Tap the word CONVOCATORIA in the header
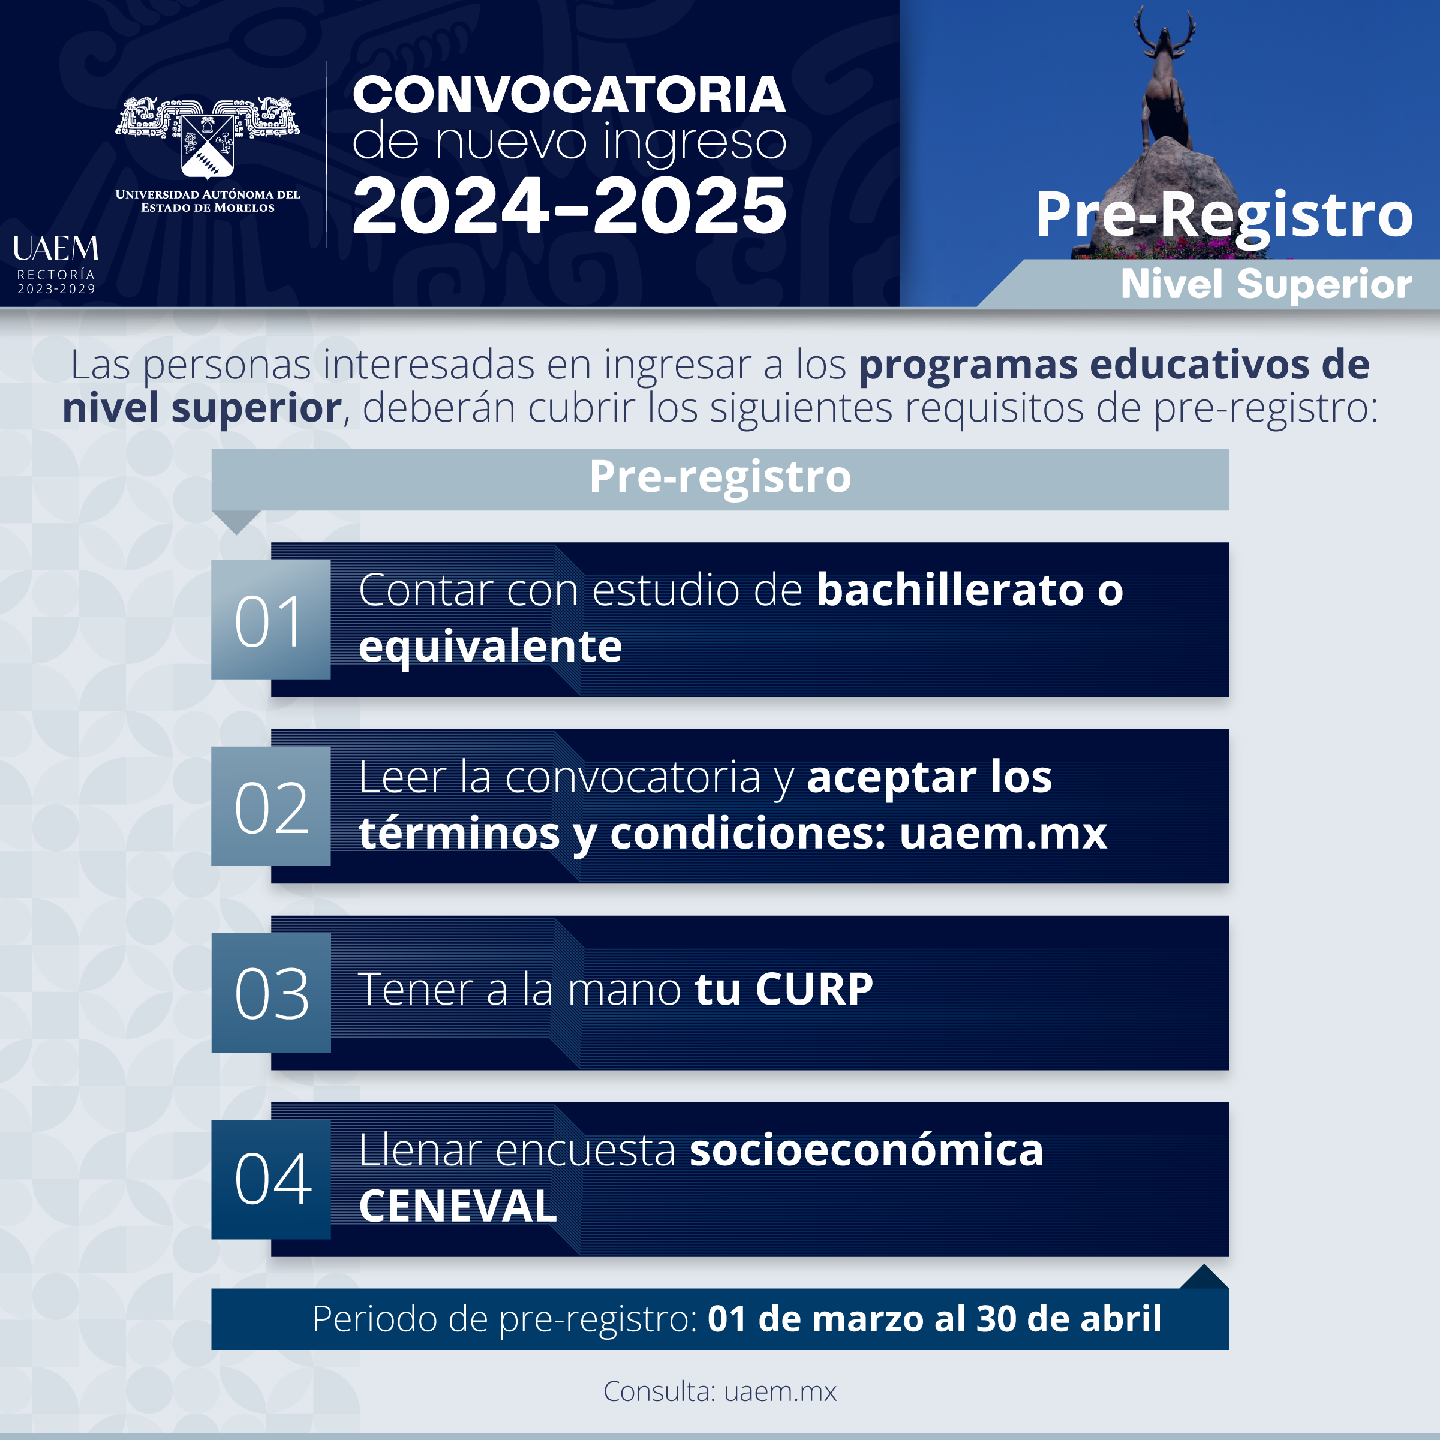(569, 95)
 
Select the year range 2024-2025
(569, 205)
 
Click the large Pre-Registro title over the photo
(1224, 215)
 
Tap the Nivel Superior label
(1265, 284)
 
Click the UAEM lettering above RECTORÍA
(56, 248)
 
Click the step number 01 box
(270, 620)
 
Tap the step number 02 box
(270, 805)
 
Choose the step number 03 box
(270, 992)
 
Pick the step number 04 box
(270, 1179)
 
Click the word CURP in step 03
(814, 990)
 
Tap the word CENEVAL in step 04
(458, 1206)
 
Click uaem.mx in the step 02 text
(1003, 833)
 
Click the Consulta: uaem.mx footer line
(720, 1391)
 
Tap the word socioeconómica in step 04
(866, 1150)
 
